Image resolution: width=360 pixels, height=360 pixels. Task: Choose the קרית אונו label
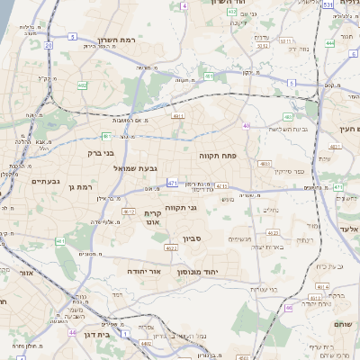coord(151,217)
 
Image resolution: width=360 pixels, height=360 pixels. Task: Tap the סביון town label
coord(193,238)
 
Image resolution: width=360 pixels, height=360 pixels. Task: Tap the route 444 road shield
coord(330,42)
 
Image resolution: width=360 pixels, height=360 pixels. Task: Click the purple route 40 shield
coord(246,126)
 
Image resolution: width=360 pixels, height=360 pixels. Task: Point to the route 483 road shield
coord(264,164)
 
